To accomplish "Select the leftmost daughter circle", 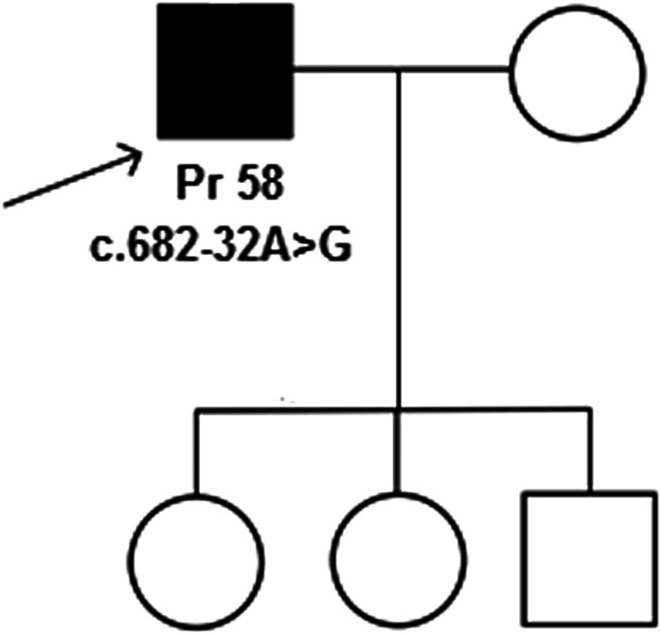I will click(196, 554).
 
